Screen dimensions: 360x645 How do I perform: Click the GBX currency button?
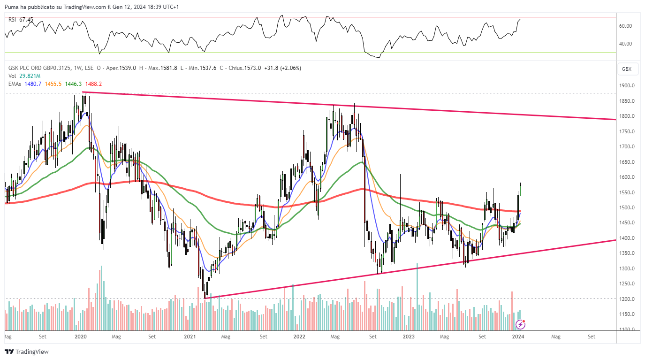(627, 69)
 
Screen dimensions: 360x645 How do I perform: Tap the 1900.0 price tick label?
(627, 86)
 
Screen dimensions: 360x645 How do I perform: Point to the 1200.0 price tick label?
(627, 299)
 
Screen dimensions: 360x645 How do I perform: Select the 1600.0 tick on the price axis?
(627, 177)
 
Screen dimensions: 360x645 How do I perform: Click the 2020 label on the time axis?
(81, 337)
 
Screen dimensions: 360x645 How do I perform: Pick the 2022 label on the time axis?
(299, 337)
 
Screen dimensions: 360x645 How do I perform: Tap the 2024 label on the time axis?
(518, 337)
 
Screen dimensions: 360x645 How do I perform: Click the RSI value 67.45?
(26, 20)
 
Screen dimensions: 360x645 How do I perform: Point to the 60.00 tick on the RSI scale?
(625, 26)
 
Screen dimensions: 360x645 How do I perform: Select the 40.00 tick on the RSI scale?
(625, 44)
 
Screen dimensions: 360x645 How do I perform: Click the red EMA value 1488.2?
(94, 84)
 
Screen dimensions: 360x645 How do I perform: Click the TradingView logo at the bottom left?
(27, 352)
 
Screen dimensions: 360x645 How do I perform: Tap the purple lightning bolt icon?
(520, 324)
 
